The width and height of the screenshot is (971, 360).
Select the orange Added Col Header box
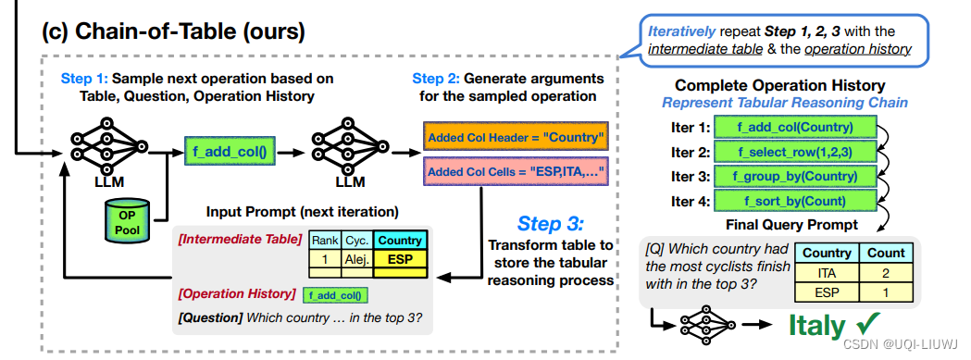(x=515, y=138)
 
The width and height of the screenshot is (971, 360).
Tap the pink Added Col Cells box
(x=515, y=171)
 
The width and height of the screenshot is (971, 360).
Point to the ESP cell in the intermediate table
(x=399, y=260)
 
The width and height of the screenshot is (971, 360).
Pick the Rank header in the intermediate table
(x=324, y=241)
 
